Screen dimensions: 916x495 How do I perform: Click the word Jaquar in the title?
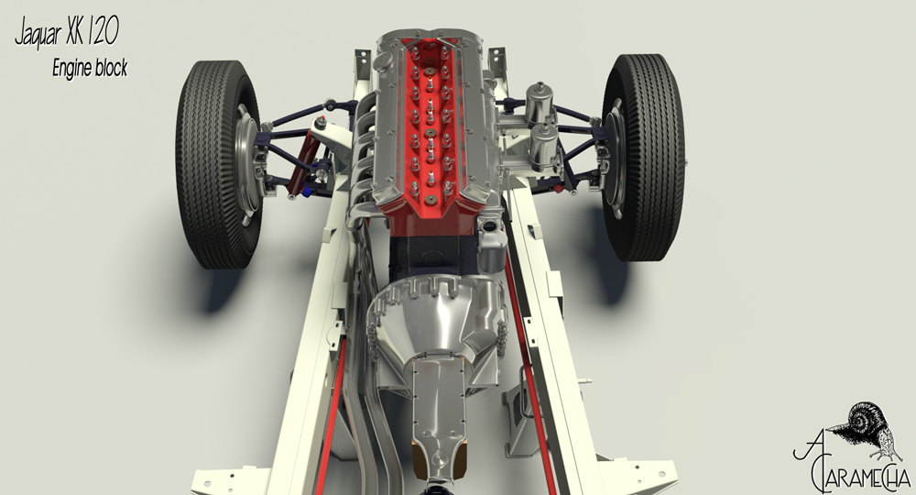click(x=38, y=33)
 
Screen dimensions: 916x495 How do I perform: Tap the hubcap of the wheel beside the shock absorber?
click(x=249, y=164)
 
